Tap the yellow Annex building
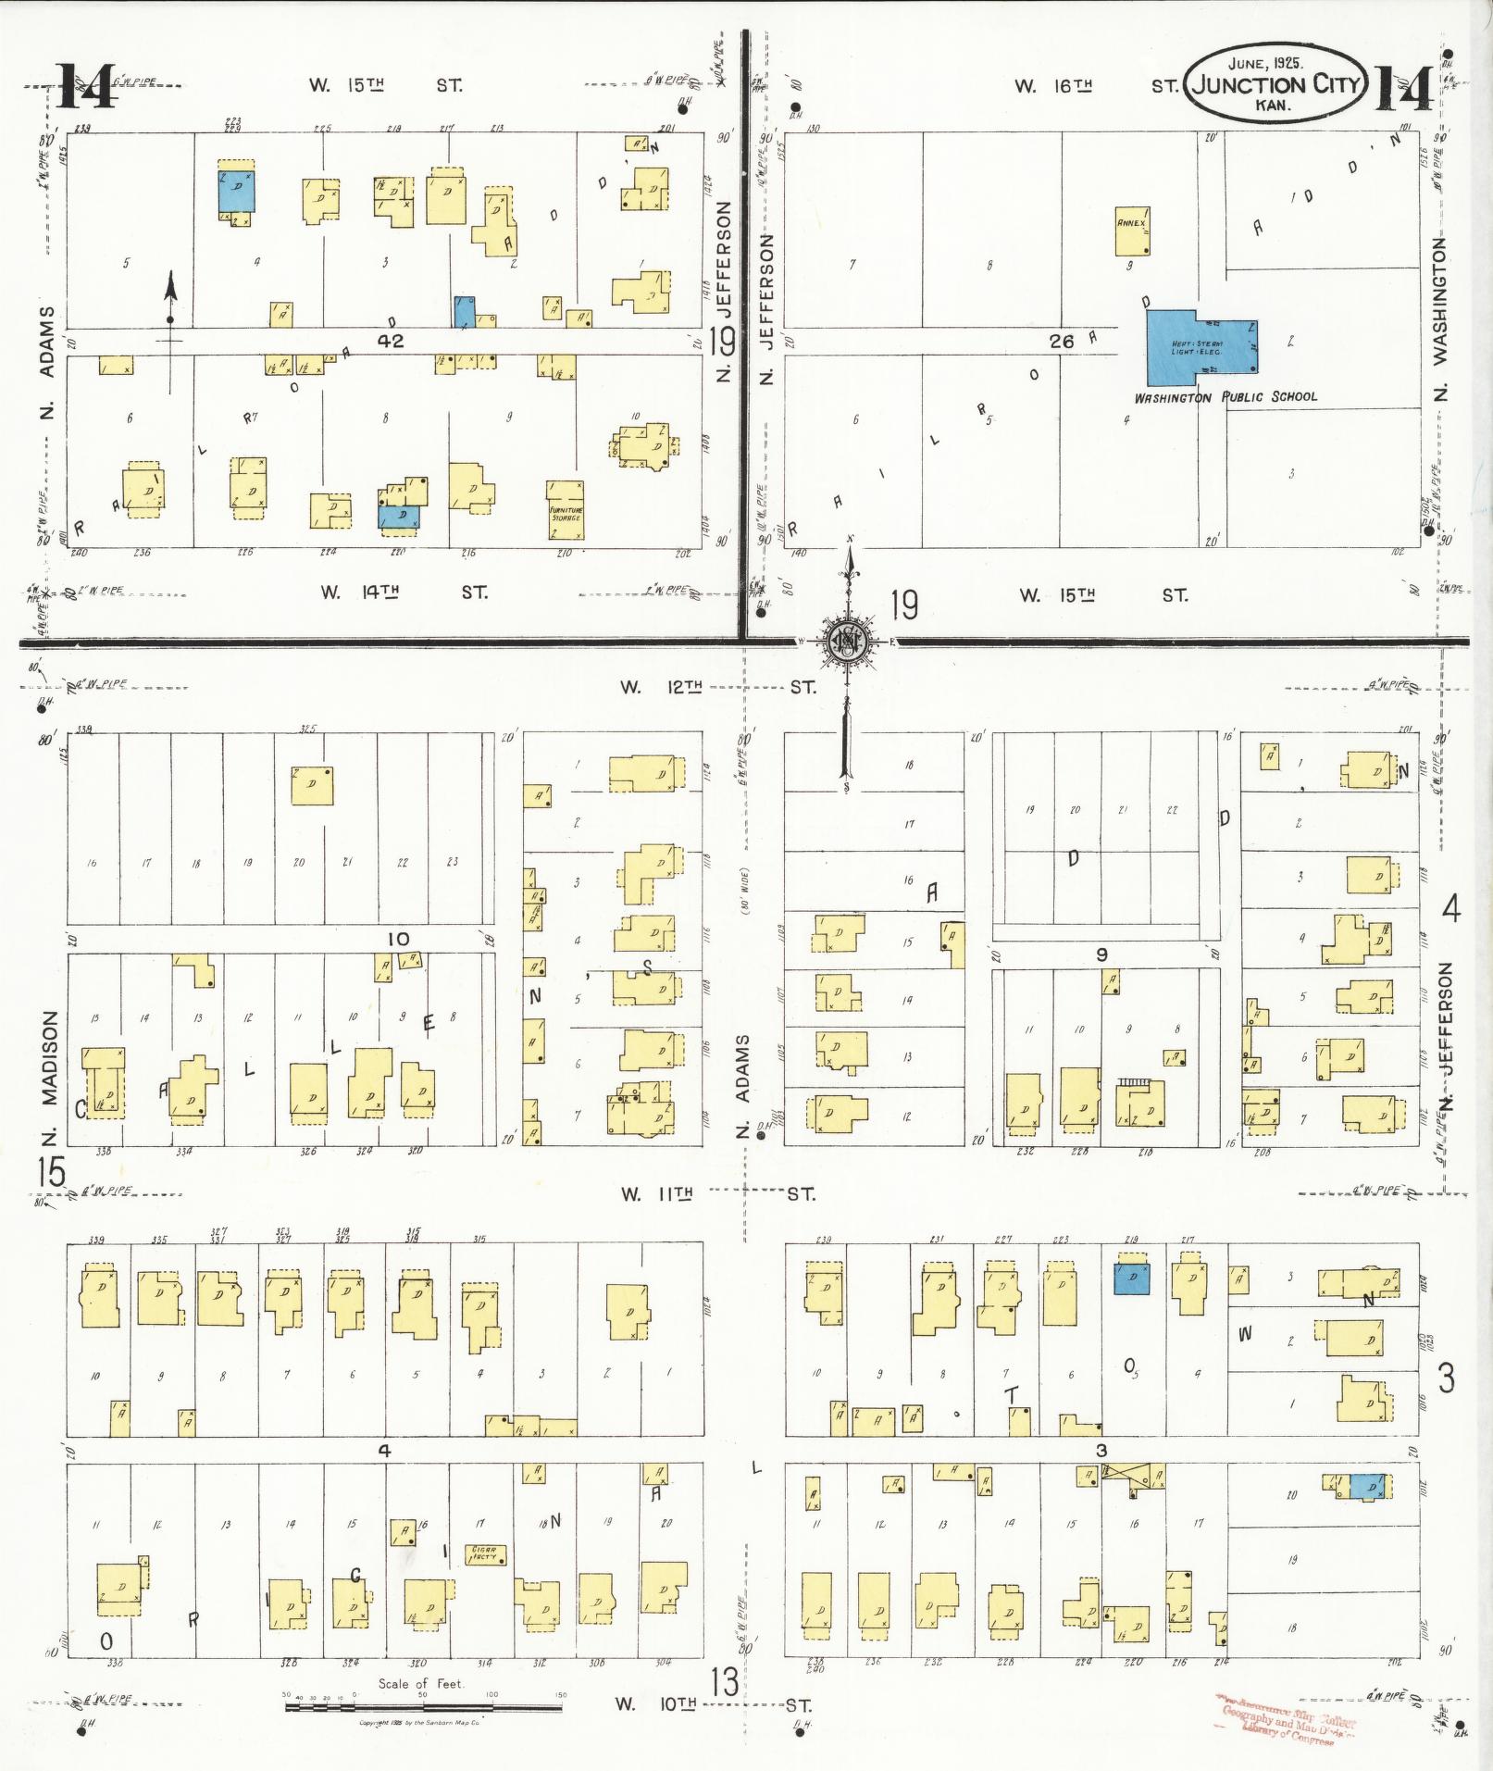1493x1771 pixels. coord(1132,231)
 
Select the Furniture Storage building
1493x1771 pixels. coord(565,509)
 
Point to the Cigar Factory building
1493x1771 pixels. coord(485,1554)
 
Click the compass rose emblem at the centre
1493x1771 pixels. coord(845,640)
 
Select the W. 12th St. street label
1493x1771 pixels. coord(716,687)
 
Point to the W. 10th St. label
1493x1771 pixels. coord(717,1704)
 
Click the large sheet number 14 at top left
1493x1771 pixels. coord(85,86)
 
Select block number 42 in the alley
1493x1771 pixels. coord(390,341)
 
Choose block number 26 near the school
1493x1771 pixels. coord(1061,342)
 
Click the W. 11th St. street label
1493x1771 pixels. coord(717,1194)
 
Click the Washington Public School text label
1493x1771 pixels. coord(1226,397)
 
